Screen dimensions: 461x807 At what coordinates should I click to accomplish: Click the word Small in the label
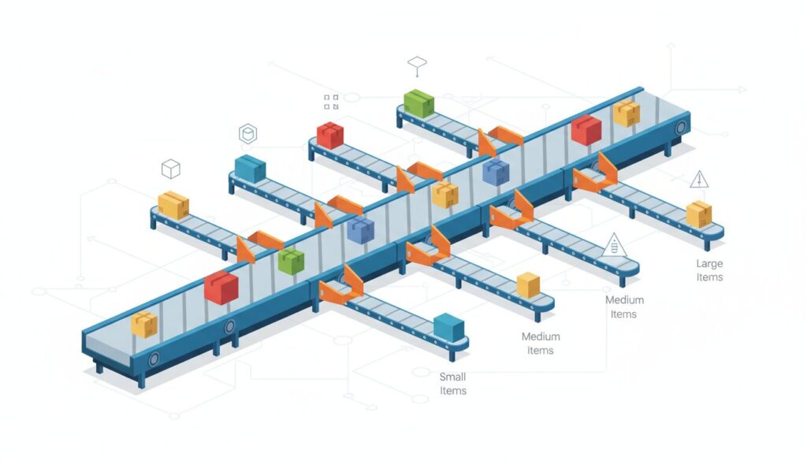(452, 377)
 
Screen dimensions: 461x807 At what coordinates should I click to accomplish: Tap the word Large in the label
(709, 263)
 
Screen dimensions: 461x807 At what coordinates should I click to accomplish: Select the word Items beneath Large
(709, 277)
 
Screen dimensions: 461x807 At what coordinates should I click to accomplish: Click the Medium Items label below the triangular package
(624, 307)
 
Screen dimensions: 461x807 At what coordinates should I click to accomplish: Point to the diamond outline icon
(416, 62)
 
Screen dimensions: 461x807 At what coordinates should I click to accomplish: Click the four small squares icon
(331, 102)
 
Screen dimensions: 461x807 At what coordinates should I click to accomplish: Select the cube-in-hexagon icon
(247, 135)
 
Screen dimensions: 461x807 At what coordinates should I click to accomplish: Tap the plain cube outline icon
(170, 169)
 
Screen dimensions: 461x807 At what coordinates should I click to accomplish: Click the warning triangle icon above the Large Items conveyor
(699, 180)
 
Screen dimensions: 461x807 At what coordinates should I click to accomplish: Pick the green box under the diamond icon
(418, 103)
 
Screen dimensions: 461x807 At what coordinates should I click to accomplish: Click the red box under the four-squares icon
(330, 135)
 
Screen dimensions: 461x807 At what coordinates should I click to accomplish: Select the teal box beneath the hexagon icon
(250, 168)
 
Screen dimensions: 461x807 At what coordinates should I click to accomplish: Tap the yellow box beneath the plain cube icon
(173, 205)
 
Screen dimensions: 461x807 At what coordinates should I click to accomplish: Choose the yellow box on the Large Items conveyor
(699, 214)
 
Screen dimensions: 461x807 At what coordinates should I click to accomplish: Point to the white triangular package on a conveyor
(613, 246)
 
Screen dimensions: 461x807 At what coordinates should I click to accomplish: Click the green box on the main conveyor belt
(291, 261)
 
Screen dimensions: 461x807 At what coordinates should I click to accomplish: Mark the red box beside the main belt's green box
(221, 287)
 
